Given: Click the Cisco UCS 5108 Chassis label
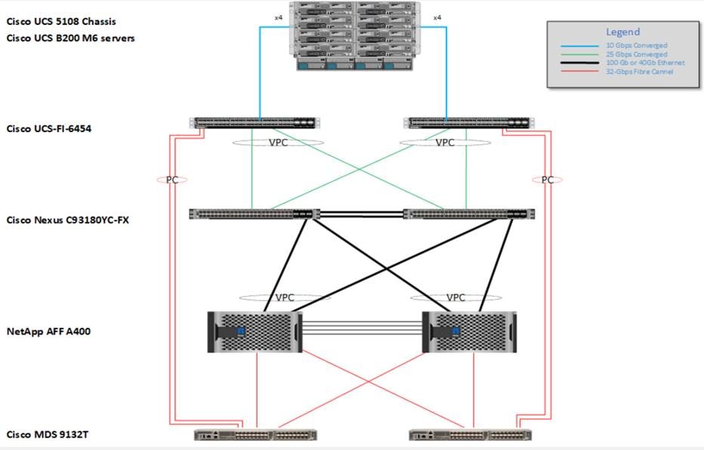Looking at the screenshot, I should click(x=61, y=21).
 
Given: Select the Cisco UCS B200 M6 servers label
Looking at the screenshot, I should click(x=71, y=38).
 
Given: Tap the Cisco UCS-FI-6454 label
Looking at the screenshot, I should click(x=50, y=128).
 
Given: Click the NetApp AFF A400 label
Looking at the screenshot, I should click(x=50, y=331).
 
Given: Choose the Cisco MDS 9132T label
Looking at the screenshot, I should click(x=45, y=435).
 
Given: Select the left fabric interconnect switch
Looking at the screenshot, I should click(x=256, y=122).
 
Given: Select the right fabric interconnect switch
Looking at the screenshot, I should click(x=467, y=122).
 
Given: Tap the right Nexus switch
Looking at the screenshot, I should click(x=468, y=214).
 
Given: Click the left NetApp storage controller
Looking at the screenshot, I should click(x=254, y=331).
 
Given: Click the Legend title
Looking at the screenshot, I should click(x=622, y=32).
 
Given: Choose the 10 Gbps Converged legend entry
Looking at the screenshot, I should click(x=635, y=46).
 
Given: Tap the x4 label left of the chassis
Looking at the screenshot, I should click(x=278, y=17).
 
